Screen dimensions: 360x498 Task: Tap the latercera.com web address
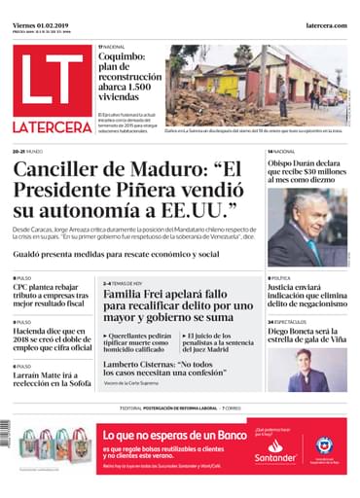click(x=326, y=26)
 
